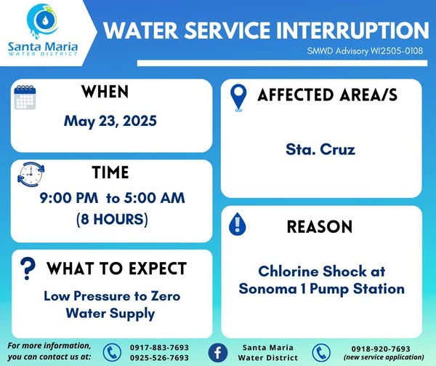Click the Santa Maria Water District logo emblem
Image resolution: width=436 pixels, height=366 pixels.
(43, 21)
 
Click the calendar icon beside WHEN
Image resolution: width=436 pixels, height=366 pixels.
(25, 97)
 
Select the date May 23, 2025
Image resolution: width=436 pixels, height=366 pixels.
(110, 122)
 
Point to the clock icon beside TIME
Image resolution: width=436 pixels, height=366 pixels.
(31, 174)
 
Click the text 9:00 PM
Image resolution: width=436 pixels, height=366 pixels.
(69, 198)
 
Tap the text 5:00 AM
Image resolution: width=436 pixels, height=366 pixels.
(154, 198)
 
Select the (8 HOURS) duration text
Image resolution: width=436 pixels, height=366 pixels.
(112, 219)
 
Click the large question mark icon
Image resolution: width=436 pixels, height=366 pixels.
(28, 268)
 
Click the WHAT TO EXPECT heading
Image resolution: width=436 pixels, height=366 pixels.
(116, 268)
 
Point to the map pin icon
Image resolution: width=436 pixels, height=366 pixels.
(238, 98)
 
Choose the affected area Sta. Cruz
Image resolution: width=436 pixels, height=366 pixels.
(320, 149)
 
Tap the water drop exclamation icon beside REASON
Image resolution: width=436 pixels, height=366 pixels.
(237, 224)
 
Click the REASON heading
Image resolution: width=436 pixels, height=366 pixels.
(320, 226)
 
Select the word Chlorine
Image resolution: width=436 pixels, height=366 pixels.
(287, 271)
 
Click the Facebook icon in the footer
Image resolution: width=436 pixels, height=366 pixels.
(218, 353)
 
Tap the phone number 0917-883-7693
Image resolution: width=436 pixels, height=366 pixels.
(159, 348)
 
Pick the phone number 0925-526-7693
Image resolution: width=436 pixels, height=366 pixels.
(159, 358)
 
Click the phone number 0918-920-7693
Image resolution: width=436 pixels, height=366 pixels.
(381, 349)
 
